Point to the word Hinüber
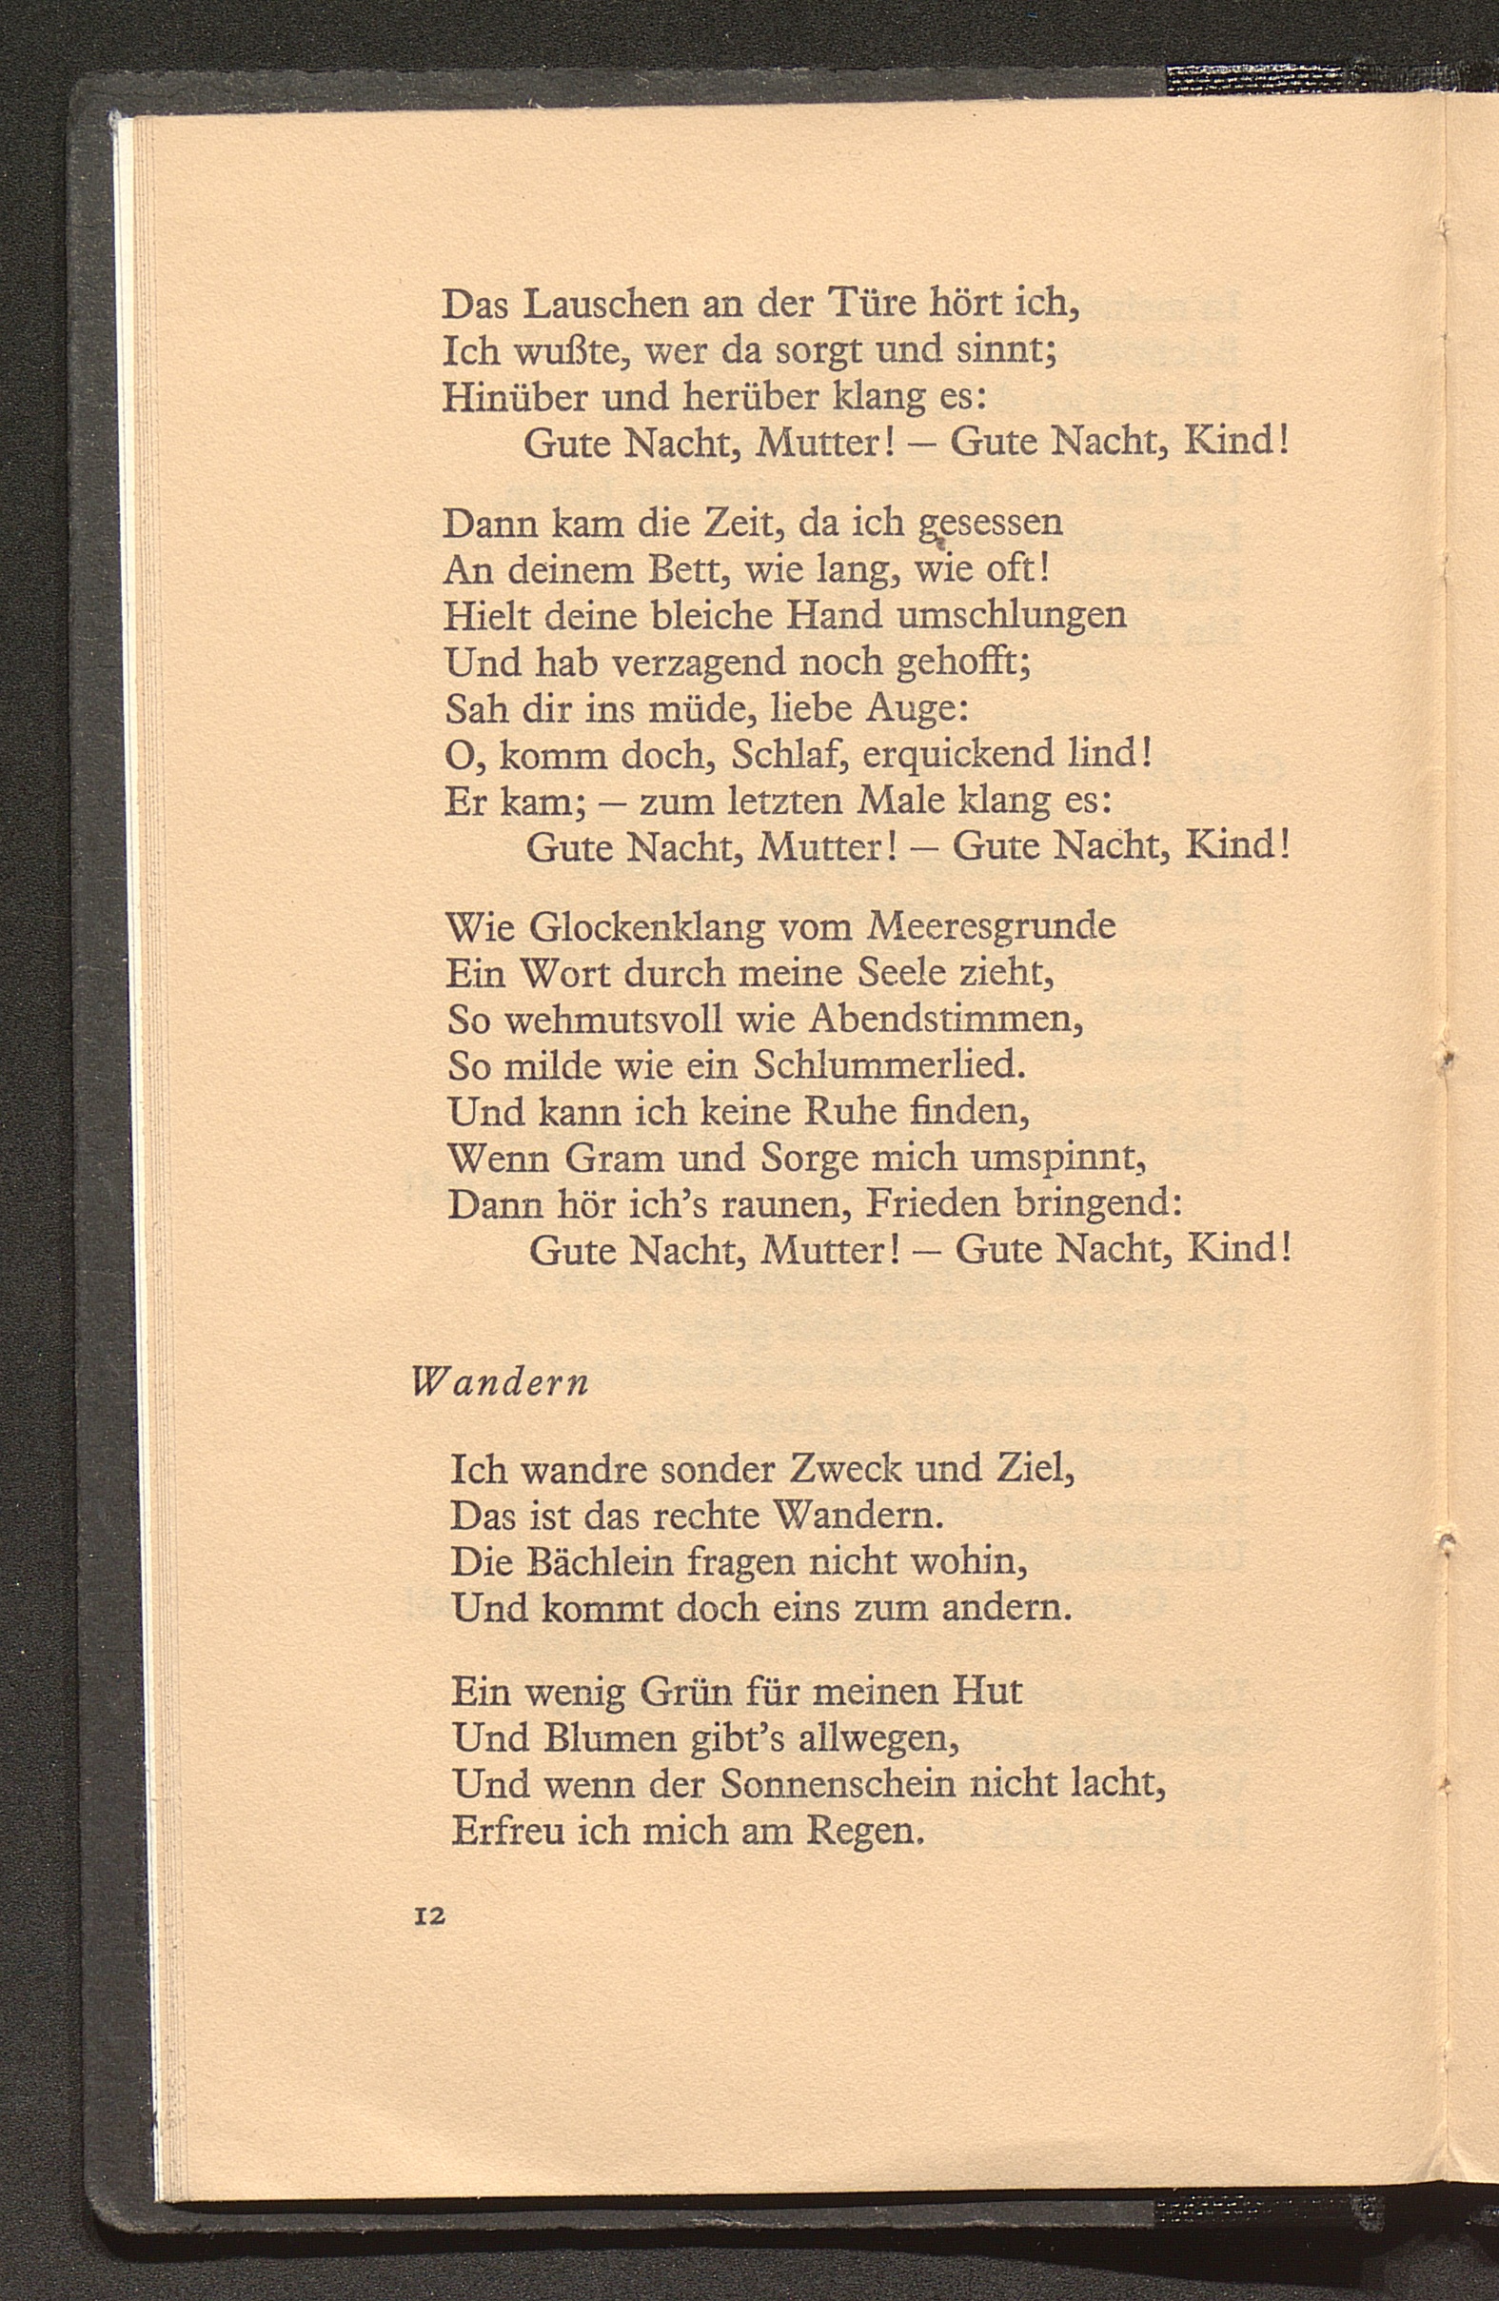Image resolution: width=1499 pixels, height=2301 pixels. (514, 398)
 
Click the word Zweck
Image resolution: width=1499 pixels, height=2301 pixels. (845, 1472)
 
